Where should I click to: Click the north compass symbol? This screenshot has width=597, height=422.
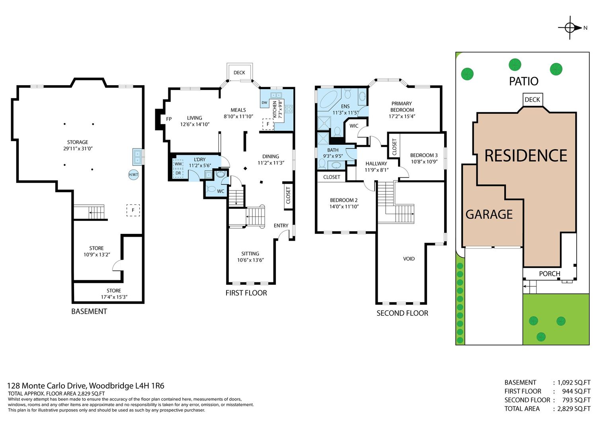pyautogui.click(x=570, y=28)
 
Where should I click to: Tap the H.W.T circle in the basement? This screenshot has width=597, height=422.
pyautogui.click(x=133, y=175)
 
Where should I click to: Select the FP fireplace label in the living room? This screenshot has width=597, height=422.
pyautogui.click(x=169, y=119)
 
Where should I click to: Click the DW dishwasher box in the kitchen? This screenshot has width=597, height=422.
pyautogui.click(x=264, y=103)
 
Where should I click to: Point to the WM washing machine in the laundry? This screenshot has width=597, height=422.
pyautogui.click(x=178, y=164)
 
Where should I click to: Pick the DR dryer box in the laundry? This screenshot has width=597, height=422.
pyautogui.click(x=178, y=173)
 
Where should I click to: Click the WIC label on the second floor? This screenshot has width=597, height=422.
pyautogui.click(x=354, y=126)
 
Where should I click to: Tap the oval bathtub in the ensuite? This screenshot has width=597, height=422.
pyautogui.click(x=329, y=99)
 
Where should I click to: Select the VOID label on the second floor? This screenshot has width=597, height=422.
pyautogui.click(x=409, y=259)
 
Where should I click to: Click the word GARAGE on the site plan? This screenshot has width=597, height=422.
pyautogui.click(x=489, y=214)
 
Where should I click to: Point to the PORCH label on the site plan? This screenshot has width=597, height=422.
pyautogui.click(x=550, y=274)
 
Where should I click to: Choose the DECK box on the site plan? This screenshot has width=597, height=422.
pyautogui.click(x=533, y=100)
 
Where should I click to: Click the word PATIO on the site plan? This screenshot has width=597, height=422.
pyautogui.click(x=524, y=81)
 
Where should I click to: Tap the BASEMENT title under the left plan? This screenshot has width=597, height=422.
pyautogui.click(x=89, y=311)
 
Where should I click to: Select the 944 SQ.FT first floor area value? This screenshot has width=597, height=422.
pyautogui.click(x=576, y=391)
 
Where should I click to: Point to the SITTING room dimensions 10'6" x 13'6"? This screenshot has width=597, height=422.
pyautogui.click(x=250, y=260)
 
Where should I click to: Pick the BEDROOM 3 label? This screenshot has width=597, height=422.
pyautogui.click(x=424, y=156)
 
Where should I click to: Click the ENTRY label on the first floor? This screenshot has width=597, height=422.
pyautogui.click(x=281, y=226)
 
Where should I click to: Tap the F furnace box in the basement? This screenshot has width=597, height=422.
pyautogui.click(x=133, y=210)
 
